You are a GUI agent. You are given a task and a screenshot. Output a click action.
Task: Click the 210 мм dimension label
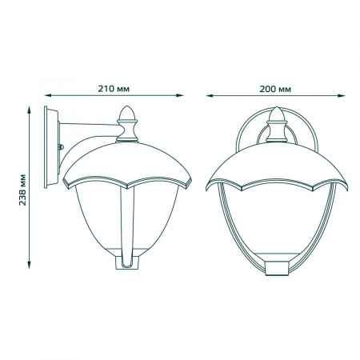(114, 89)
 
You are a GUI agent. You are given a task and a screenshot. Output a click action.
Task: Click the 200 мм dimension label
(275, 89)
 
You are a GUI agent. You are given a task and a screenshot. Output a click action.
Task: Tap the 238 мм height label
(23, 190)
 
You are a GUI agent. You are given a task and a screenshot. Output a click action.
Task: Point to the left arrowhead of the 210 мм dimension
(47, 95)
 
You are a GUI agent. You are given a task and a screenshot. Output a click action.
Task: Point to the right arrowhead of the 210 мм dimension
(180, 95)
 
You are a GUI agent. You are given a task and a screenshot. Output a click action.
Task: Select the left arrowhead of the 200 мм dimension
(210, 95)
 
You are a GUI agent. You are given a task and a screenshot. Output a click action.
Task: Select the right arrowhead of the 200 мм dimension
(342, 95)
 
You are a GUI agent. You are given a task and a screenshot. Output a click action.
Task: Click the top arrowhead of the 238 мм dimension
(29, 110)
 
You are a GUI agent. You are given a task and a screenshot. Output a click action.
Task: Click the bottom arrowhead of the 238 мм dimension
(29, 265)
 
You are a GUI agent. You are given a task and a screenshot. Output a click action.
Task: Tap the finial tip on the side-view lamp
(127, 106)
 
